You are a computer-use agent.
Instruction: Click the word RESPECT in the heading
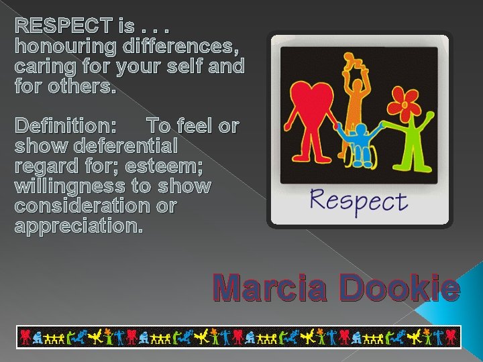tap(63, 27)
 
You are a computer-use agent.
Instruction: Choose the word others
tap(77, 86)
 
